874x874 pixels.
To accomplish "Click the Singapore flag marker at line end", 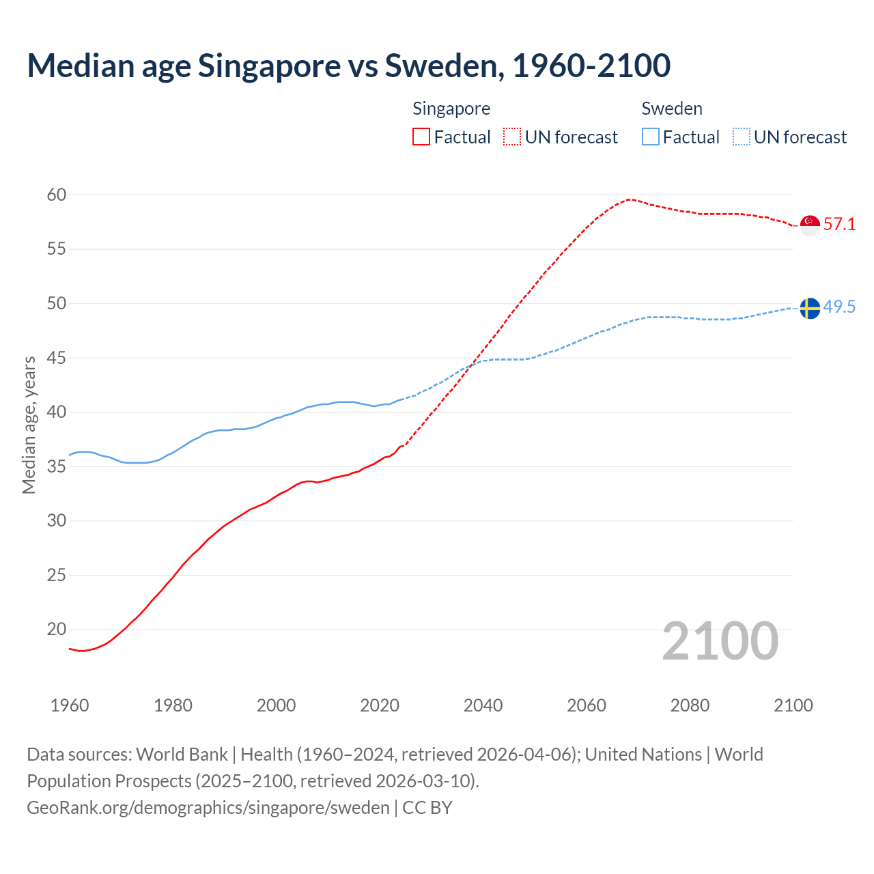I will [810, 225].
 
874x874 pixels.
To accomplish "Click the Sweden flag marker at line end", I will [810, 308].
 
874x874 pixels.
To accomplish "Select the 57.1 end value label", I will [839, 225].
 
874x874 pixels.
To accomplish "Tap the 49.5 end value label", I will [839, 307].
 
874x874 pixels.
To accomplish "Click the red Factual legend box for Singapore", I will [421, 137].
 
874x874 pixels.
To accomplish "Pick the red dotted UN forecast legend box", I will [512, 137].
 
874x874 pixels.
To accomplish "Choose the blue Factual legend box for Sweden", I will [651, 137].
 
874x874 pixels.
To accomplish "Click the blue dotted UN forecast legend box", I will [742, 137].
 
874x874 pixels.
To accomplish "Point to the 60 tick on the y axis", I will [57, 195].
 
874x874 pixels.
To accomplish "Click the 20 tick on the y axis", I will [57, 630].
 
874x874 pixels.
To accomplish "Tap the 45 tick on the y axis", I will [57, 358].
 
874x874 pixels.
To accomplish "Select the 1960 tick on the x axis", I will [70, 705].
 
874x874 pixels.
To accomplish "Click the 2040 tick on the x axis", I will [483, 705].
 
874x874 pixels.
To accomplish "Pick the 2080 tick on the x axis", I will [690, 705].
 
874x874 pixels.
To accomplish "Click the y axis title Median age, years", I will [29, 425].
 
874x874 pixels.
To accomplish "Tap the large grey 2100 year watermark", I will [720, 641].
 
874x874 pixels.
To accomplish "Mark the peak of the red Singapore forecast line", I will [628, 199].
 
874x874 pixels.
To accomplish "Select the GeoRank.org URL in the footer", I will [208, 808].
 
